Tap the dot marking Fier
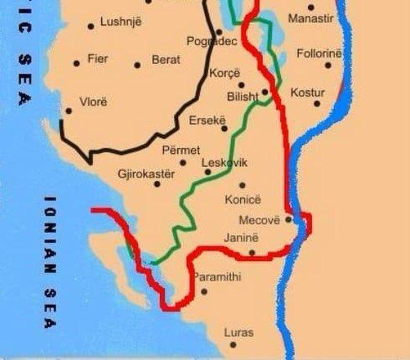coord(77,63)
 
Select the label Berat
coord(166,60)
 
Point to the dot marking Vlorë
coord(69,111)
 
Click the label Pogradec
coord(211,42)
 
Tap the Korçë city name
coord(224,73)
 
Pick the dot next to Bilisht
coord(265,92)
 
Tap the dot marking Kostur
coord(316,104)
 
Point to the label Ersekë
coord(205,120)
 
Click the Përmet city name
coord(181,151)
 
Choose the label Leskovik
coord(224,163)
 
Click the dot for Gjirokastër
coord(157,184)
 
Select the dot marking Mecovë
coord(288,219)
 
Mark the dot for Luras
coord(233,345)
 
